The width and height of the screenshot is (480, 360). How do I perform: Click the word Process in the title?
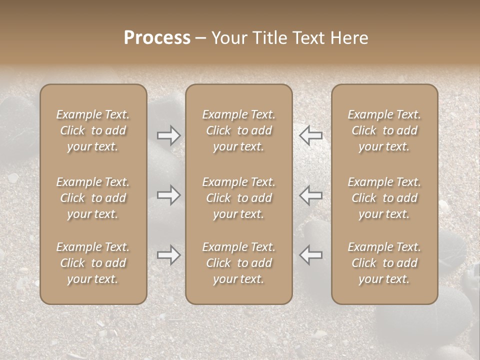pos(157,38)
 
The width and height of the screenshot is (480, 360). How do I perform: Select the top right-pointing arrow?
pos(169,135)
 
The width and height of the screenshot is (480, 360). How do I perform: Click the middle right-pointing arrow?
pos(169,195)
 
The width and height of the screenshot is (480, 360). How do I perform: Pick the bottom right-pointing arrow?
pos(169,255)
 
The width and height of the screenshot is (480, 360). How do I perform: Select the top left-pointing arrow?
pos(310,135)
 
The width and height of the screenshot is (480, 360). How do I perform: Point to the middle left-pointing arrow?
pos(310,195)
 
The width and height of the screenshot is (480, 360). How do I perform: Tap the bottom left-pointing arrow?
pos(310,255)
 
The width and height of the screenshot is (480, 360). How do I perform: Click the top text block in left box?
pos(93,130)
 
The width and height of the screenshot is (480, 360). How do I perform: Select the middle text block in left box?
pos(93,198)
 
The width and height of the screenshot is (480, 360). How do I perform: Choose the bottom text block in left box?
pos(93,263)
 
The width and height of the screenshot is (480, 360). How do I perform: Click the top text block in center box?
pos(239,130)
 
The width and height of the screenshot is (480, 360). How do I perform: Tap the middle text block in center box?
pos(239,198)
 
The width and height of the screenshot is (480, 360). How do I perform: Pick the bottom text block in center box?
pos(239,263)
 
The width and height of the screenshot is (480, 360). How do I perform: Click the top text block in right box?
pos(384,130)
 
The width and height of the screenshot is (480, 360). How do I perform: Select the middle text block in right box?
pos(384,198)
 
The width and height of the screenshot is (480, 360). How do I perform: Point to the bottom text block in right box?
pos(384,263)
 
